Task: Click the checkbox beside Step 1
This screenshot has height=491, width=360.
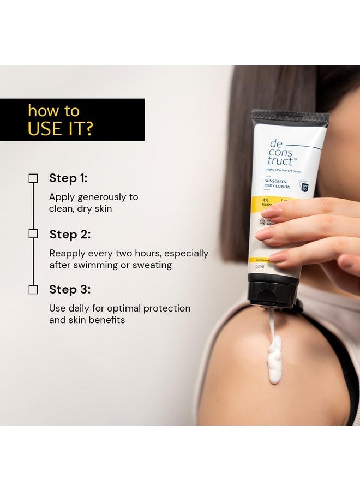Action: click(33, 178)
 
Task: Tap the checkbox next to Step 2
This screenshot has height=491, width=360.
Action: click(33, 233)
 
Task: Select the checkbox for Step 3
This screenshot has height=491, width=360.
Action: click(33, 289)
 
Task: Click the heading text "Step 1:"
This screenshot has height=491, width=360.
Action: click(68, 178)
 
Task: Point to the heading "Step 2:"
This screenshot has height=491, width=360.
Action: click(70, 235)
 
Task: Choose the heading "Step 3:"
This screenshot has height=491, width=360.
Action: click(70, 290)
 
